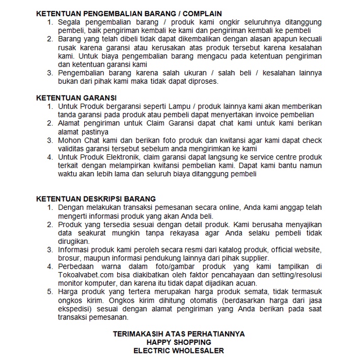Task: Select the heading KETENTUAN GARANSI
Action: (76, 97)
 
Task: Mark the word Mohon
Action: (70, 140)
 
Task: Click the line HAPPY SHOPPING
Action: (179, 342)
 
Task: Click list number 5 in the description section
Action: (50, 291)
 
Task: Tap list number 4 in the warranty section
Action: (50, 157)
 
